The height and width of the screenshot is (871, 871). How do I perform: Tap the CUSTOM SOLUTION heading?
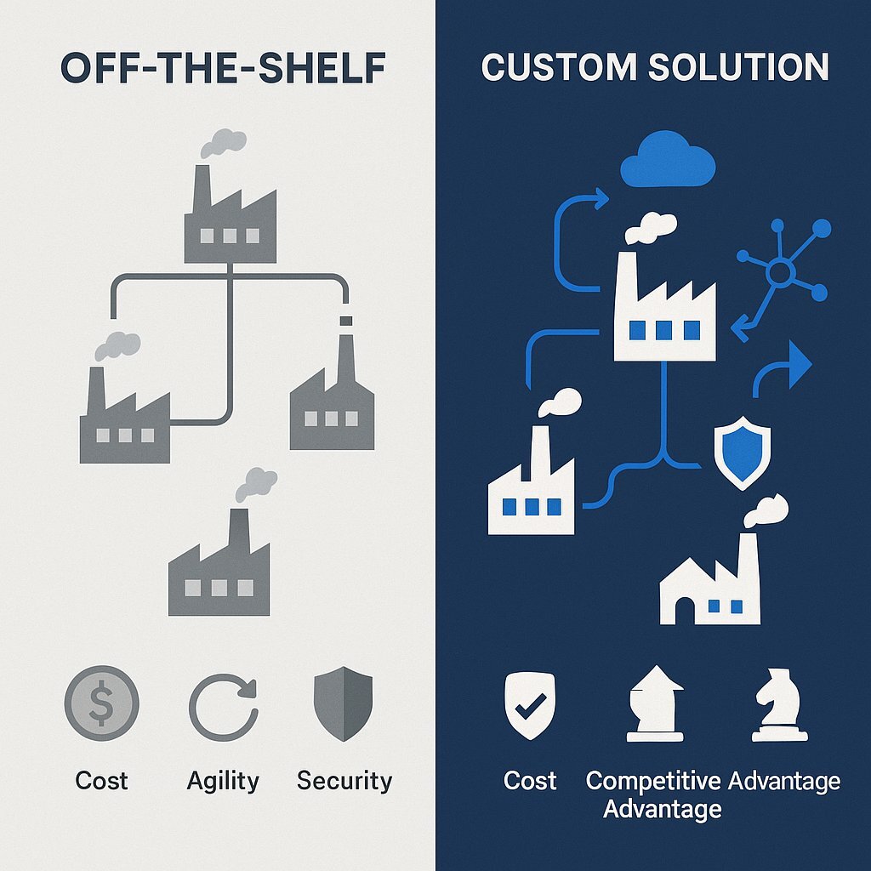coord(654,68)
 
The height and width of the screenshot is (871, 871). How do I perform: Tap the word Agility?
coord(223,780)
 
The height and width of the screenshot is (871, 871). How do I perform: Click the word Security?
coord(344,780)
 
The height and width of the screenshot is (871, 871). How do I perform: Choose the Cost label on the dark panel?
coord(530,780)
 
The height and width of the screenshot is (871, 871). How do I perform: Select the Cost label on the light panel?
coord(101,780)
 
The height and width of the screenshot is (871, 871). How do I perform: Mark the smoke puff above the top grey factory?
coord(224,143)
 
